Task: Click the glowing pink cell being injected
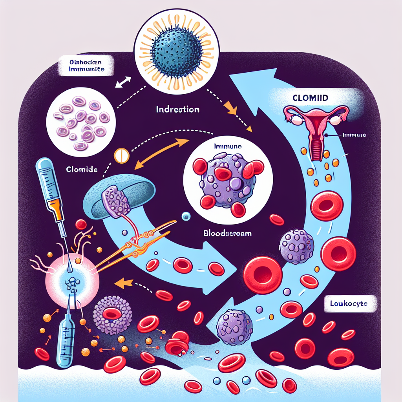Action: pyautogui.click(x=73, y=280)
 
